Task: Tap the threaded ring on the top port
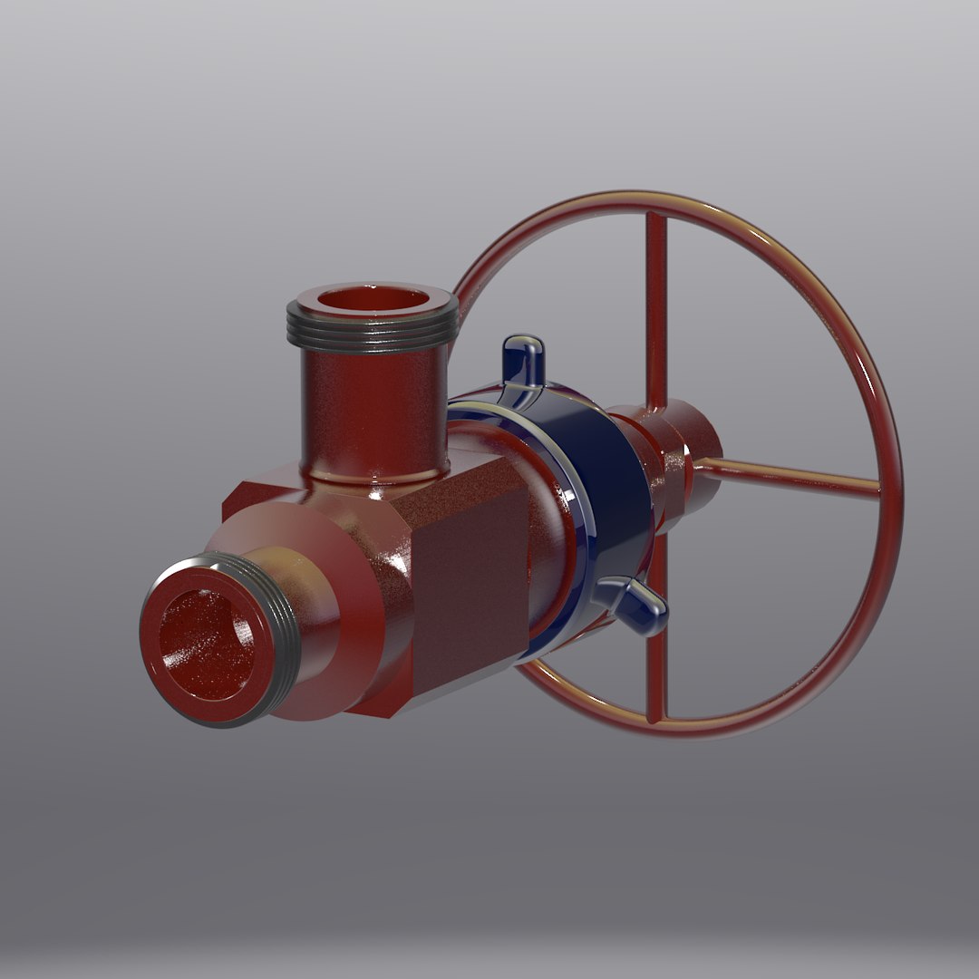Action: [372, 334]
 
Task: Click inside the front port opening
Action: [208, 645]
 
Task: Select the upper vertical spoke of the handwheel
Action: [656, 308]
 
